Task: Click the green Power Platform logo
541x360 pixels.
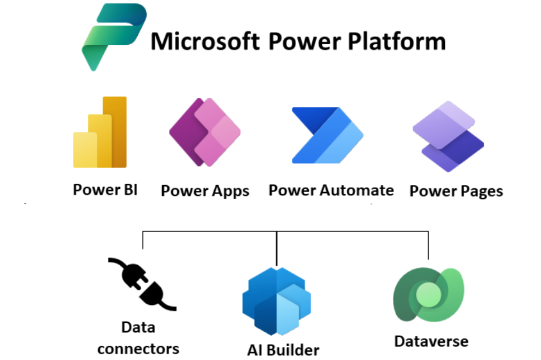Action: point(110,37)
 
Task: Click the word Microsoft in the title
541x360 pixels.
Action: point(204,42)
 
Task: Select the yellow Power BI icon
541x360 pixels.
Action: point(100,132)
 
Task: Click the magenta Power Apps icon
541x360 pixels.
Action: point(204,132)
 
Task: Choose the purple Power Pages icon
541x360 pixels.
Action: point(448,136)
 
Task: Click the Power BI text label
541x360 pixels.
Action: point(105,190)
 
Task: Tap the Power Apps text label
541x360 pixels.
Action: point(204,191)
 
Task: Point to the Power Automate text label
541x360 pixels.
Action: point(331,190)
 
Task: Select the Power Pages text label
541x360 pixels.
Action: point(456,191)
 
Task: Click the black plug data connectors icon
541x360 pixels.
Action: point(142,284)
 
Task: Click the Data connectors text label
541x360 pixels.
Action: point(138,338)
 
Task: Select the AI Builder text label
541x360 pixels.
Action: point(283,350)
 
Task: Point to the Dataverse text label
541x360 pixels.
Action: point(431,341)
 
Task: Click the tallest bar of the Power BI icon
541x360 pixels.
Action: point(116,131)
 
